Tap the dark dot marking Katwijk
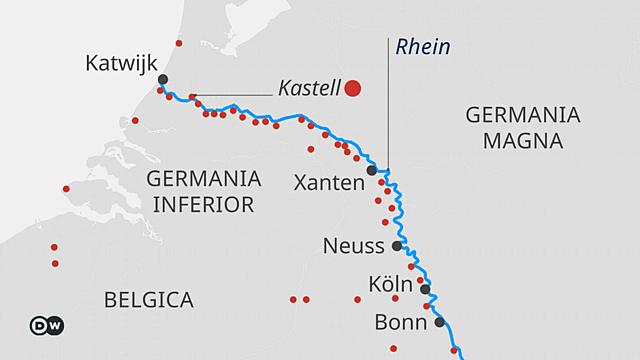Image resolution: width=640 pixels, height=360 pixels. tap(162, 79)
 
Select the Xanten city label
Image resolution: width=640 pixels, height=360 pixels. tap(328, 183)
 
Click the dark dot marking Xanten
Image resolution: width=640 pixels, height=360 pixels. tap(371, 170)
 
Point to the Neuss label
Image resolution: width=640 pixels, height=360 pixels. tap(353, 245)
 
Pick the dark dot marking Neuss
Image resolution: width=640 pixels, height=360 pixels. tap(396, 245)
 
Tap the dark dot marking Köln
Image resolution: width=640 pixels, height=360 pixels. tap(425, 289)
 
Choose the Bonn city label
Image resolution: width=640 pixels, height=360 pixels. tap(400, 322)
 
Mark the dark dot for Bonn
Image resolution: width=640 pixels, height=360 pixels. tap(439, 322)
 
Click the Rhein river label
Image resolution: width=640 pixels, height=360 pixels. tap(423, 47)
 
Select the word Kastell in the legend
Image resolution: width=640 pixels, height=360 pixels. tap(309, 88)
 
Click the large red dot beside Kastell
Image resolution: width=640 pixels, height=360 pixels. tap(352, 88)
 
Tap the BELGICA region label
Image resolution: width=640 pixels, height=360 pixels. tap(148, 299)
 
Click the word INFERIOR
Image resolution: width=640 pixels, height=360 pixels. tap(203, 205)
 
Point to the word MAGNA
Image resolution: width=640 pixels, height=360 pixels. tap(522, 141)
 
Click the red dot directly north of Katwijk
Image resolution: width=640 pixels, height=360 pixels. tap(179, 43)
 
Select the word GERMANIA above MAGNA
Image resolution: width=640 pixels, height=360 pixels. tap(522, 115)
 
